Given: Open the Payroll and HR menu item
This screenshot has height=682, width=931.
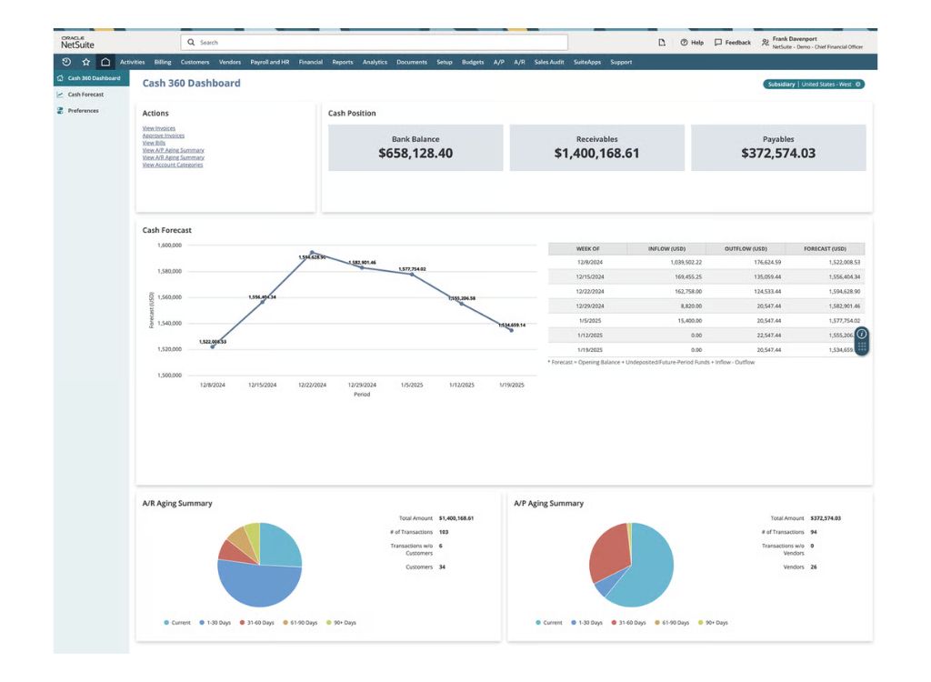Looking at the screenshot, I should pos(269,62).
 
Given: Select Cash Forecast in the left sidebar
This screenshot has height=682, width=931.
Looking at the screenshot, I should pos(85,95).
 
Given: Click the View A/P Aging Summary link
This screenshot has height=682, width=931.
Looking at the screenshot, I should pos(173,150).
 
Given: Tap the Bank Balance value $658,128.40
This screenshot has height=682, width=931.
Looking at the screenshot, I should pos(415,154).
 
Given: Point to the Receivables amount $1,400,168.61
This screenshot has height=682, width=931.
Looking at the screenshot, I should pos(596,154).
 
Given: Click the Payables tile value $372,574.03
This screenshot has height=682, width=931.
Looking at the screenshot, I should pos(777,154).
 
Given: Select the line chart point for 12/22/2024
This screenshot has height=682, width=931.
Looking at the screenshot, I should pos(312,253).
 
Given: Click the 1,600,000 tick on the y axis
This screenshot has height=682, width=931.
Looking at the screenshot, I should pos(170,246).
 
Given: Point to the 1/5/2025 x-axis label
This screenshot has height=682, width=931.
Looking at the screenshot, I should pos(412,385).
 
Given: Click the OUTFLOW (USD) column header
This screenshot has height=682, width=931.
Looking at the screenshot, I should pos(746,248).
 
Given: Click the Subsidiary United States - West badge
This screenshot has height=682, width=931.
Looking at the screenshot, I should pos(814,84).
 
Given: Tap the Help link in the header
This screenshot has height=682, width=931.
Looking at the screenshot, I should pos(692,43).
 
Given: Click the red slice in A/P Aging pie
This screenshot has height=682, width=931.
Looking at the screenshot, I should pos(607,550).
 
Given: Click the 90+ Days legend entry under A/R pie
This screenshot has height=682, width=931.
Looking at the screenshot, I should pos(342,623).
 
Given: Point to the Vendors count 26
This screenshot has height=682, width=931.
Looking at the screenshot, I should pos(813,567).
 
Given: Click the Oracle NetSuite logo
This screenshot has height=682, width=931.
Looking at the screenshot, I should pos(77,43).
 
